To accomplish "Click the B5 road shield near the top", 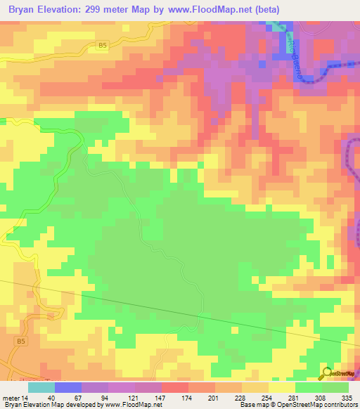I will click(x=103, y=46).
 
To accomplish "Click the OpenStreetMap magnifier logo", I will click(x=328, y=375).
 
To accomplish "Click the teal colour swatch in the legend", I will click(x=41, y=387).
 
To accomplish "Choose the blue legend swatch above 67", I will click(x=67, y=387).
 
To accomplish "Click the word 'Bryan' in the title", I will click(x=20, y=11).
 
